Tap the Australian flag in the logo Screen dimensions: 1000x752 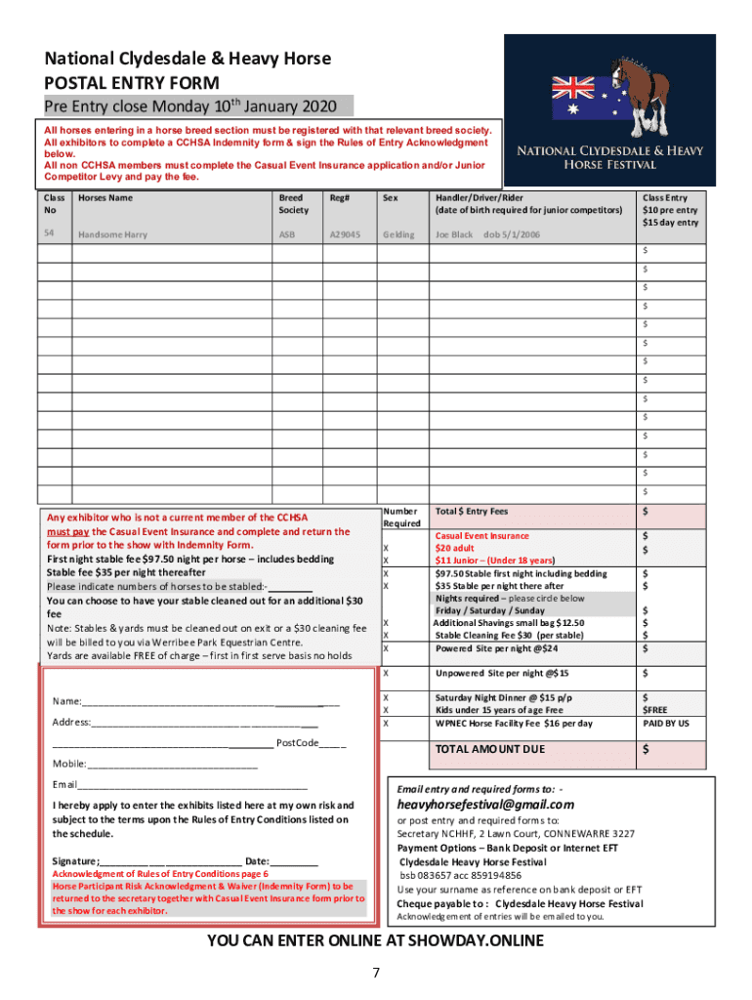(x=578, y=98)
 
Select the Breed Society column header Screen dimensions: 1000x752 (x=293, y=203)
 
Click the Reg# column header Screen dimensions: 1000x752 (x=340, y=197)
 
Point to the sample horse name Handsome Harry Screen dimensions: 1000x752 (x=113, y=234)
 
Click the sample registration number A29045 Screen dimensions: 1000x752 (x=346, y=234)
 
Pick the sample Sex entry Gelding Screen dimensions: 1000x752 (x=398, y=234)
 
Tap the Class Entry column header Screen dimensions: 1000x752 (x=670, y=210)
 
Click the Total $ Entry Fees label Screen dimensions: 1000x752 (x=472, y=511)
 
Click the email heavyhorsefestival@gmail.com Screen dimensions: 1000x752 (x=484, y=805)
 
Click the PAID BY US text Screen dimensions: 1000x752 (x=665, y=724)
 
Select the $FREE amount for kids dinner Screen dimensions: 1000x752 (x=654, y=711)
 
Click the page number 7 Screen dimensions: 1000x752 (x=375, y=973)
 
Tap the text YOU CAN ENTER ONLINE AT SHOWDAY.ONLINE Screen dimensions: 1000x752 (x=375, y=941)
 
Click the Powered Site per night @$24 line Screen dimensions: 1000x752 (x=496, y=648)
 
